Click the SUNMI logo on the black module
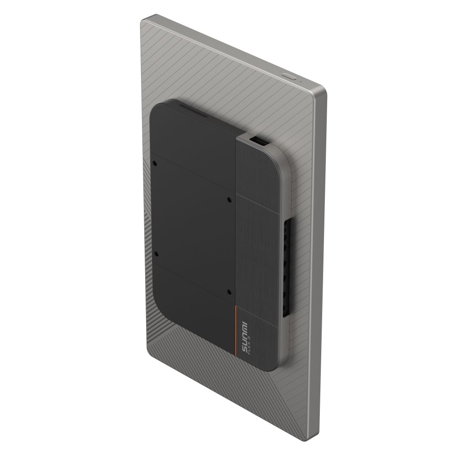click(x=243, y=337)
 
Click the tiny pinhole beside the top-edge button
click(x=301, y=81)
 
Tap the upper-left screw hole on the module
click(x=155, y=163)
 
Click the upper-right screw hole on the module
click(x=229, y=200)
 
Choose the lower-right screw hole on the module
click(x=229, y=292)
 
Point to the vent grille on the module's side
click(x=287, y=268)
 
